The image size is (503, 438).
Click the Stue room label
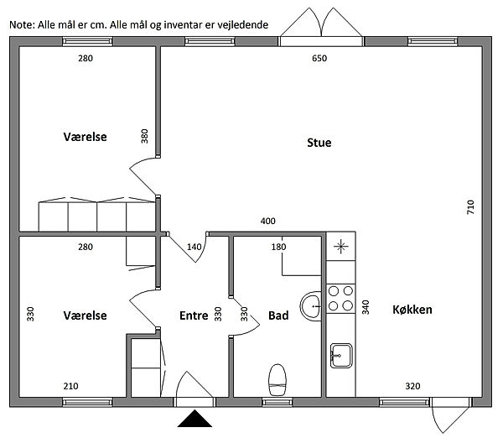click(319, 143)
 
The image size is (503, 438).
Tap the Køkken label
click(412, 310)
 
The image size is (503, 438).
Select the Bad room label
click(278, 315)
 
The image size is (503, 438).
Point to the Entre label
click(194, 315)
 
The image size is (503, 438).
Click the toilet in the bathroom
click(277, 379)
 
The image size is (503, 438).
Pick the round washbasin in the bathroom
click(310, 306)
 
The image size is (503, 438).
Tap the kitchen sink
click(341, 356)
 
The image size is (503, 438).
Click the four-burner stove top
click(340, 299)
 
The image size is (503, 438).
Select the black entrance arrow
click(194, 419)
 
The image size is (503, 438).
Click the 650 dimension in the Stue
click(319, 58)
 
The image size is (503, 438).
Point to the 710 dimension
click(470, 207)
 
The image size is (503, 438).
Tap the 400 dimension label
click(267, 221)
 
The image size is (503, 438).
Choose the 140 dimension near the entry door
click(194, 247)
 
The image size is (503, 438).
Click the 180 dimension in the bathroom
click(278, 247)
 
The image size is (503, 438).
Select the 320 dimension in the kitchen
click(412, 386)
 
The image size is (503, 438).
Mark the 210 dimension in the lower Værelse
click(70, 386)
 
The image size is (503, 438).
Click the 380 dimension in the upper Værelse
click(145, 136)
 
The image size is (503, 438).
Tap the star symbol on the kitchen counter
click(340, 247)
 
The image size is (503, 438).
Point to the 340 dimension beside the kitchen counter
click(366, 307)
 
